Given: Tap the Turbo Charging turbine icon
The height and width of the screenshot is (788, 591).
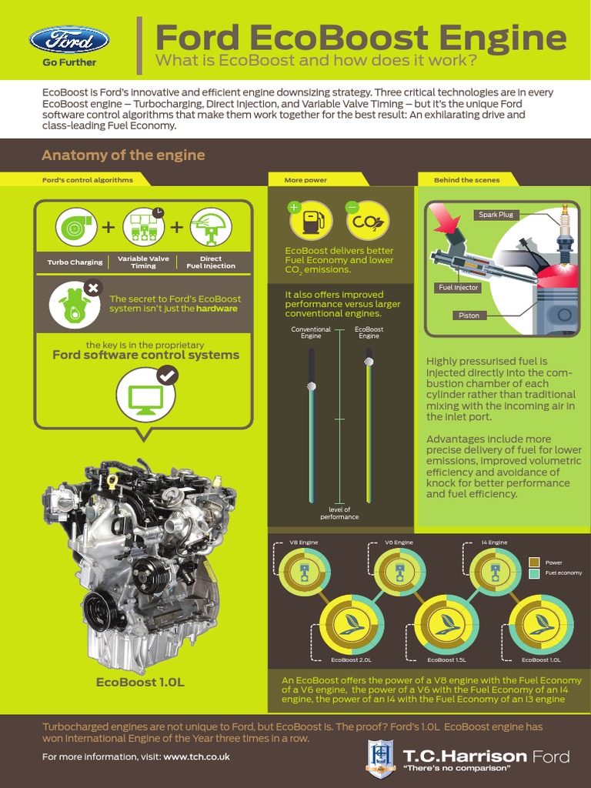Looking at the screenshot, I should coord(76,228).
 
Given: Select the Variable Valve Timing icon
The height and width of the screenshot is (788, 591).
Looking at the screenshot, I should coord(144,228).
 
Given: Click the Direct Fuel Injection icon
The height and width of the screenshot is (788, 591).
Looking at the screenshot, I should coord(211,228).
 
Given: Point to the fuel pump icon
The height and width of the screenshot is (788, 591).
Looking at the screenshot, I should coord(311,221).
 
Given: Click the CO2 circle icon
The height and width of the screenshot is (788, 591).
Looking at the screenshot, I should coord(367,221).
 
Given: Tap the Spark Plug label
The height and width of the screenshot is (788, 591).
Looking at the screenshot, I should coord(496,215).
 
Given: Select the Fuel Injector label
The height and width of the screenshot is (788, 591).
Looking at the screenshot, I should coord(458,287).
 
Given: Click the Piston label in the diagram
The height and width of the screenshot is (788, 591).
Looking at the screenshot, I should coord(469,315).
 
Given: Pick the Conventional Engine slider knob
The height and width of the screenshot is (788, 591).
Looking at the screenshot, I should coord(311,386).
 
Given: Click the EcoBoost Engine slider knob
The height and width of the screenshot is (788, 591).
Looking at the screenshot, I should coord(369,361).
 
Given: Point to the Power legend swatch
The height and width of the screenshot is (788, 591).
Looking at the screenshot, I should coord(535,563).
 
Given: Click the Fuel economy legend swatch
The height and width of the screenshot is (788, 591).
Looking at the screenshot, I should coord(535,573).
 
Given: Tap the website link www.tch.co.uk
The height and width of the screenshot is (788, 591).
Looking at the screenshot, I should coord(196,756).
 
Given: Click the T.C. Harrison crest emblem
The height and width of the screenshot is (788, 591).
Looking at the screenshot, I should coord(381,756).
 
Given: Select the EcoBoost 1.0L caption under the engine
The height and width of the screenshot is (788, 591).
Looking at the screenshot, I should coord(140,682).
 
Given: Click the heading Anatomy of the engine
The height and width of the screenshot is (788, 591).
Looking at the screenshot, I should coord(123,155).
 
